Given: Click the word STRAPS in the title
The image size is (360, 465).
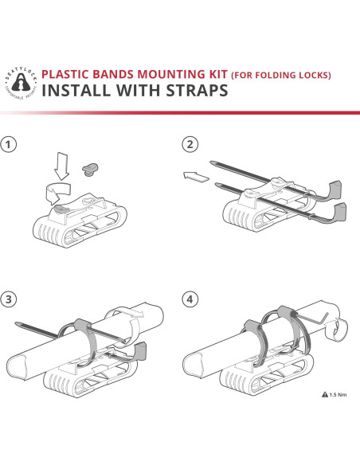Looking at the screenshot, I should (194, 90).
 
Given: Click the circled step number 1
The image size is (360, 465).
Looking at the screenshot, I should (10, 145).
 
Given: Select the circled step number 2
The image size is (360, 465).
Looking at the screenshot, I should (190, 145).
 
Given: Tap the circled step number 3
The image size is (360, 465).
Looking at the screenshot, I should (10, 300).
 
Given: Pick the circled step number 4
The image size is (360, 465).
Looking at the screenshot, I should (190, 300).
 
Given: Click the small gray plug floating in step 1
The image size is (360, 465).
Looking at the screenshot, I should (92, 167).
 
